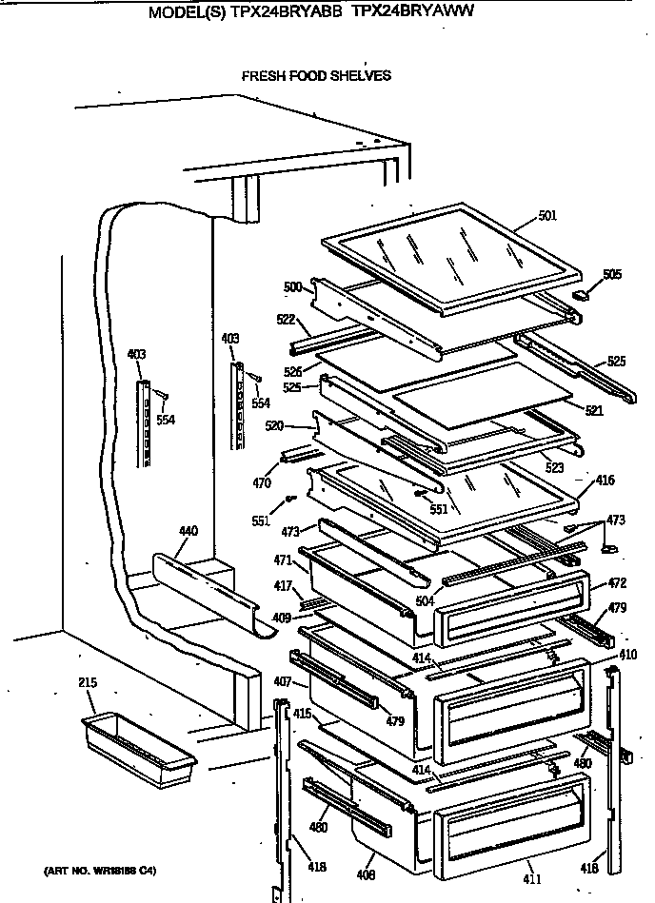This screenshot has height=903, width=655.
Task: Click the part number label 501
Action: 546,216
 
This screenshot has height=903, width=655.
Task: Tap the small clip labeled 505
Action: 581,296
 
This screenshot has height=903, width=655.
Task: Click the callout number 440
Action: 189,531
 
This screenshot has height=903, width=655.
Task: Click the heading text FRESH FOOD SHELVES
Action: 316,76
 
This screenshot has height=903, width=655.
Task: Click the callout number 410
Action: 627,656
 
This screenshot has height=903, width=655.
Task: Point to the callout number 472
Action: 616,581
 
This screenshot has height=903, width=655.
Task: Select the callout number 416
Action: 605,482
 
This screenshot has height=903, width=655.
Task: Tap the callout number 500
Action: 292,285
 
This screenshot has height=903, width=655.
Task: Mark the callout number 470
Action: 263,482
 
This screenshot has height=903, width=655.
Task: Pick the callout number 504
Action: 424,601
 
